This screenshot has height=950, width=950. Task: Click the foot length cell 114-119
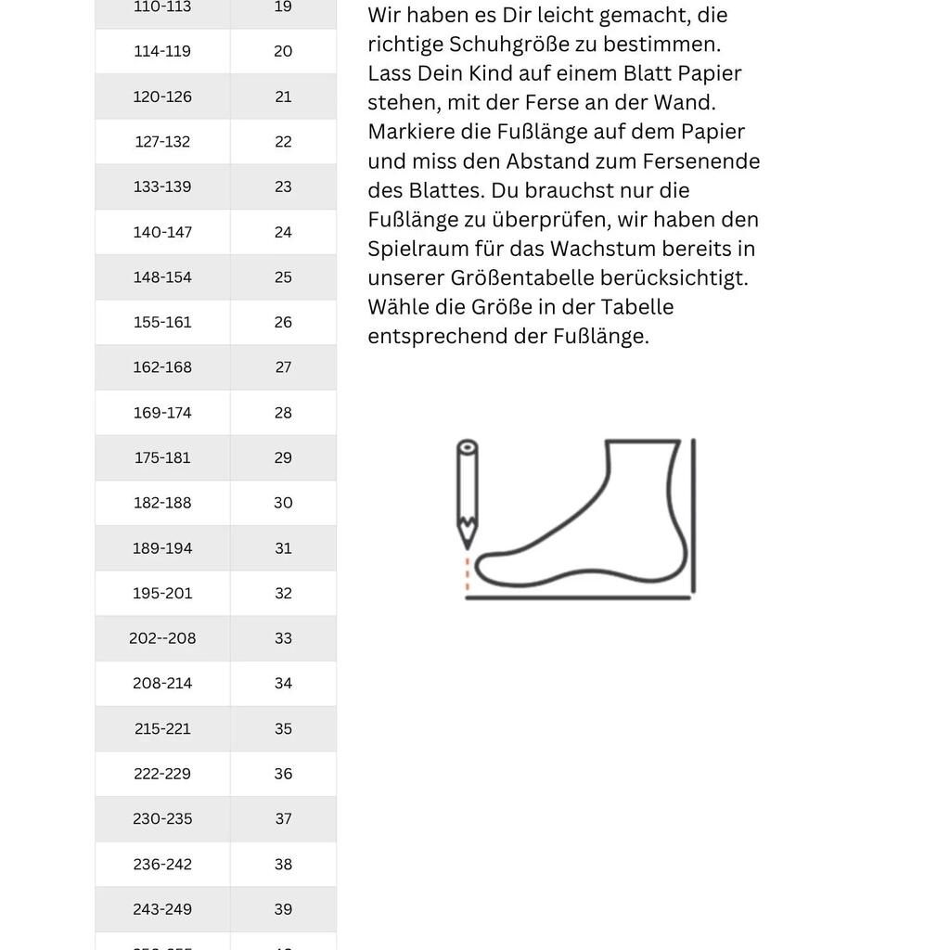pos(162,52)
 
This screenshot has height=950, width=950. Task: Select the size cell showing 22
pos(283,142)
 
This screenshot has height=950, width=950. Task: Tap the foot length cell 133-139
pos(162,187)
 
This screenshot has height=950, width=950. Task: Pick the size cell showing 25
pos(283,277)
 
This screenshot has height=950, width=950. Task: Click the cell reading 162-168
pos(162,367)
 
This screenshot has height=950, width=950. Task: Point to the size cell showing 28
pos(283,413)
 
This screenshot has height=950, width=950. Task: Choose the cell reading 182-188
pos(162,503)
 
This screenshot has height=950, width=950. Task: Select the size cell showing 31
pos(283,548)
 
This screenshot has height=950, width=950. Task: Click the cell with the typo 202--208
pos(162,638)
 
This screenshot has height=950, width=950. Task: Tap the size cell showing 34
pos(283,684)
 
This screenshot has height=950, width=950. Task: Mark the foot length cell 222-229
pos(162,774)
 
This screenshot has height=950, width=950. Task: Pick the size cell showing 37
pos(283,819)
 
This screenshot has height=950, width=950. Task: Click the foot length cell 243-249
pos(162,909)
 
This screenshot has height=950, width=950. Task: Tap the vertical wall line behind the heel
pos(693,515)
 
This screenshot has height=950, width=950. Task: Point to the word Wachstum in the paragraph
pos(596,249)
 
